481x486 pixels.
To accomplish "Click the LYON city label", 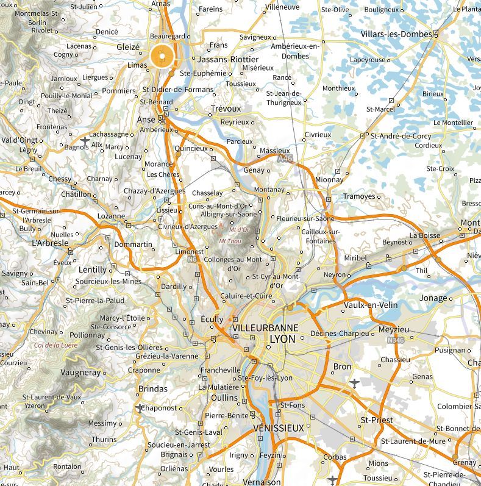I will [x=282, y=339].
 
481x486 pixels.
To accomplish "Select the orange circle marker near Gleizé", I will [x=162, y=57].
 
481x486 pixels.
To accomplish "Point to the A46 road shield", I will [x=283, y=159].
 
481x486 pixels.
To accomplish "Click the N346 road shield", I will [x=395, y=340].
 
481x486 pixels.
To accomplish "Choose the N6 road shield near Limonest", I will [x=191, y=260].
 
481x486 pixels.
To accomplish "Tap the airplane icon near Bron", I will [x=354, y=383].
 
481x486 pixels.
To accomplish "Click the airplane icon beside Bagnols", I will [x=84, y=141].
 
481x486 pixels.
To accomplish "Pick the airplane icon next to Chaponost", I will [x=140, y=407].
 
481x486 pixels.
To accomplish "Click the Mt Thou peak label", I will [x=229, y=241].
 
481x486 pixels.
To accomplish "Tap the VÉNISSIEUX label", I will [x=278, y=428].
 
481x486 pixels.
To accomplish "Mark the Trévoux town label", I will [x=226, y=109].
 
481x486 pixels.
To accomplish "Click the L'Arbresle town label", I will [x=50, y=242].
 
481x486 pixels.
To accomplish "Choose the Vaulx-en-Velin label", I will [x=371, y=304].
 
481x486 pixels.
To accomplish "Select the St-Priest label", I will [x=377, y=420].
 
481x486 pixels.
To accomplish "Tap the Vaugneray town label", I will [x=80, y=372].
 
